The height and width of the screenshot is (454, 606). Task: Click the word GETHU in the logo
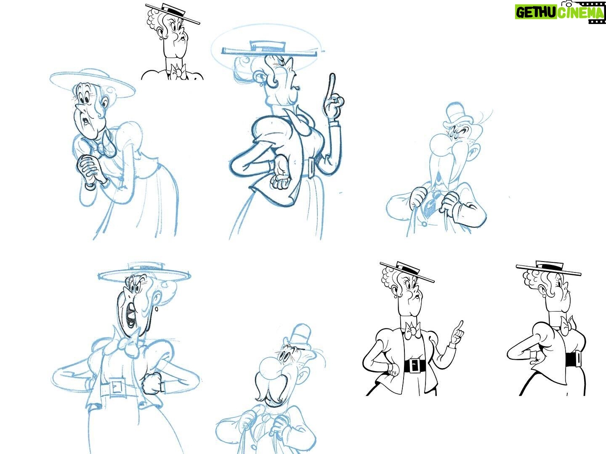(536, 12)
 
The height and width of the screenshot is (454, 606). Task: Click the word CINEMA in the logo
(579, 13)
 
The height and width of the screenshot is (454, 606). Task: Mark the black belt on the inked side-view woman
(573, 358)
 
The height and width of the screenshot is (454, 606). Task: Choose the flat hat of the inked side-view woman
(548, 267)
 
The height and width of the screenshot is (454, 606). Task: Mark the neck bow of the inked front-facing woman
(413, 330)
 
